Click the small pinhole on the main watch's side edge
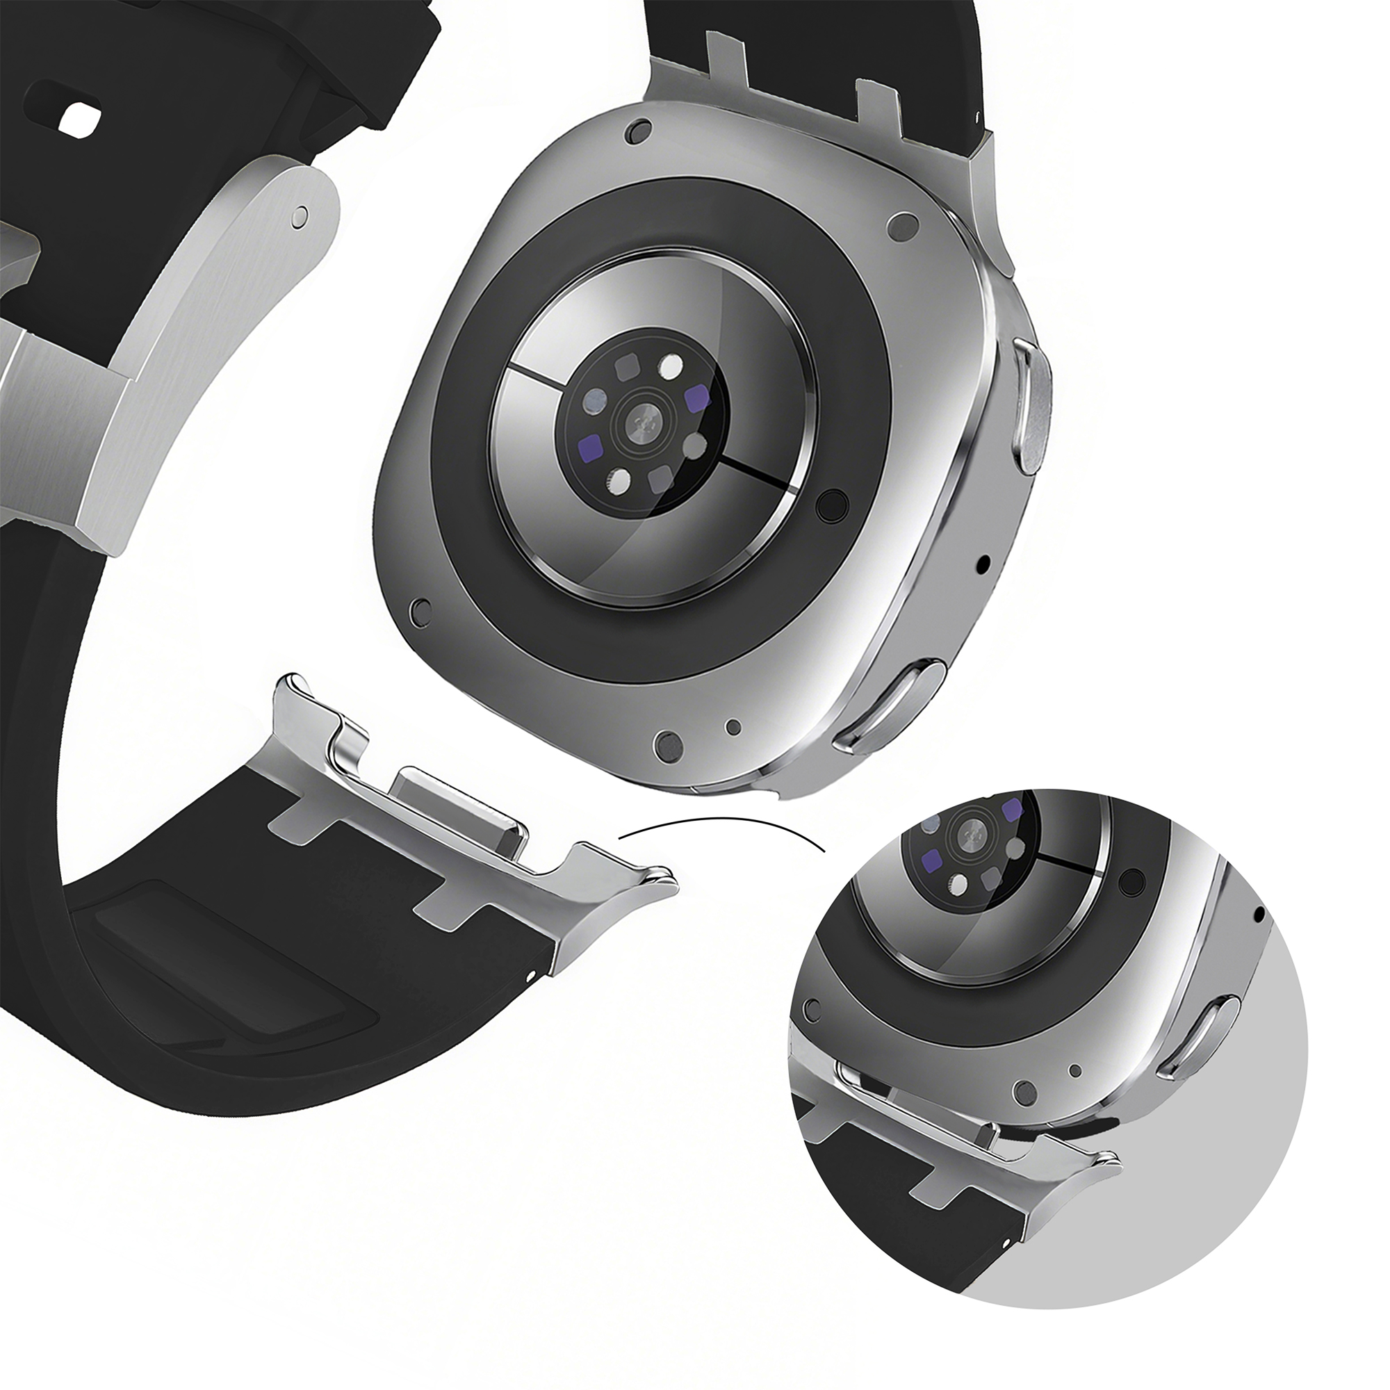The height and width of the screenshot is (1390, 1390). (985, 560)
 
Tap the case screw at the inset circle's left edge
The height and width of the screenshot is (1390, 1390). (813, 1007)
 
